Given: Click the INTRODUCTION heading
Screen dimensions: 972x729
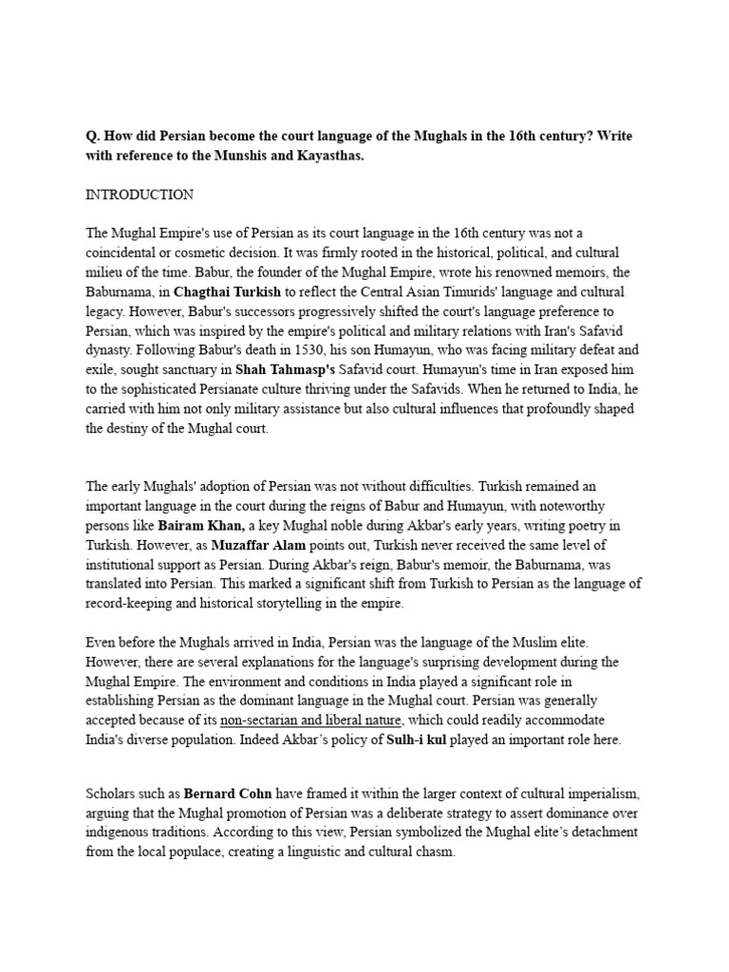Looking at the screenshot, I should click(x=140, y=195).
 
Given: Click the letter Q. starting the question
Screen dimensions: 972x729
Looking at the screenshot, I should click(x=92, y=137).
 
